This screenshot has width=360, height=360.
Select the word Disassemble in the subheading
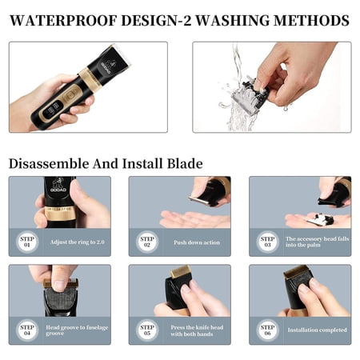pyautogui.click(x=49, y=163)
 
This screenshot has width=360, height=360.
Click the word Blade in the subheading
pyautogui.click(x=185, y=163)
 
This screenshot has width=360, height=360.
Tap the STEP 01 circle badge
pyautogui.click(x=27, y=242)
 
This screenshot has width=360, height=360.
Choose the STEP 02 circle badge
pyautogui.click(x=147, y=242)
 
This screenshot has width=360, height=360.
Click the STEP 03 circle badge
pyautogui.click(x=267, y=242)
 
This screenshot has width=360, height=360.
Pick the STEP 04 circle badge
pyautogui.click(x=27, y=330)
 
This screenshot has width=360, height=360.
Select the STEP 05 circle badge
pyautogui.click(x=147, y=330)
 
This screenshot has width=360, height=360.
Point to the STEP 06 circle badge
pyautogui.click(x=267, y=330)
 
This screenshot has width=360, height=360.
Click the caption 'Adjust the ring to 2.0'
pyautogui.click(x=77, y=242)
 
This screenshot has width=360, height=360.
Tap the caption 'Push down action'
pyautogui.click(x=197, y=242)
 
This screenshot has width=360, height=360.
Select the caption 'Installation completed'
pyautogui.click(x=317, y=330)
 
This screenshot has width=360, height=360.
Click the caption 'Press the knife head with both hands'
pyautogui.click(x=197, y=330)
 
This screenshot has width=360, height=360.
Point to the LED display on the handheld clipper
pyautogui.click(x=52, y=109)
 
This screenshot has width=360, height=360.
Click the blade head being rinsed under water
pyautogui.click(x=250, y=94)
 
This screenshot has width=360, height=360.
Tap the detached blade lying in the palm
pyautogui.click(x=320, y=219)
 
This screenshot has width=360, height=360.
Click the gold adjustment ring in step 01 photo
pyautogui.click(x=60, y=214)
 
